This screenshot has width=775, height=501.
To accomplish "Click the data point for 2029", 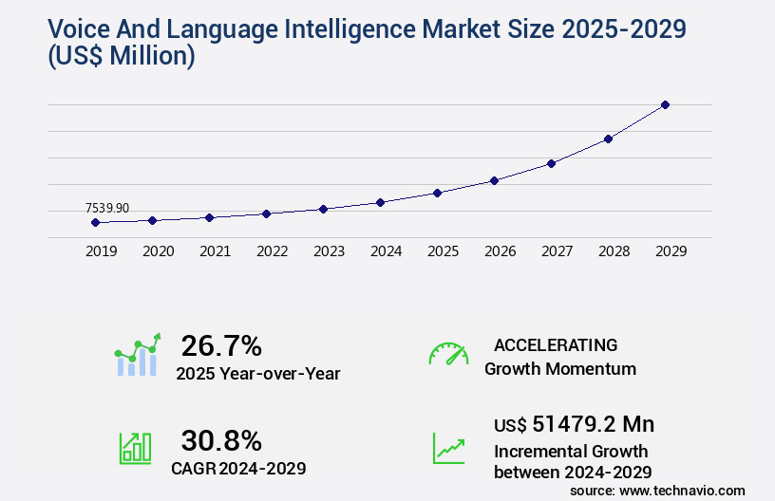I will pos(665,104).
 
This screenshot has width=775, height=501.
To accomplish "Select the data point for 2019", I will pos(95,222).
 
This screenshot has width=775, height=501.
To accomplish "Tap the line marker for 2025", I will pos(437,193).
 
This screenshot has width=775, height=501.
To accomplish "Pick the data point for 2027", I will pos(551,163).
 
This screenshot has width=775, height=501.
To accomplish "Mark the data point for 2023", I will pos(323,209).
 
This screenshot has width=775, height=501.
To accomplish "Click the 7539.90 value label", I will pos(107,208).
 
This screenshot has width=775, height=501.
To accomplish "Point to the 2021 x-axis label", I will pos(215,251).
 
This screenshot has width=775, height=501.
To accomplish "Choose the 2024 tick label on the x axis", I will pos(386,251).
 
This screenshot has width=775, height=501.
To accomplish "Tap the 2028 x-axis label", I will pos(614,251).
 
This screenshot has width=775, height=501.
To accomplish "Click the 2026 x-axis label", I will pos(500,251).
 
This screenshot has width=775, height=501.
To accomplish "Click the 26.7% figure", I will pos(221,345).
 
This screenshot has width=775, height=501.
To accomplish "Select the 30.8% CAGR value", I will pos(221,440).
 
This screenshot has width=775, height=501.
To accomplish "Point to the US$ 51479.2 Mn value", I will pos(574,423).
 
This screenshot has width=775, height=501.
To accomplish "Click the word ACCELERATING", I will pos(556,344).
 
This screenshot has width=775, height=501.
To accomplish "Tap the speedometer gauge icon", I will pos(448,354).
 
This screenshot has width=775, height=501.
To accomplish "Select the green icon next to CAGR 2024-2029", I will pos(135,448).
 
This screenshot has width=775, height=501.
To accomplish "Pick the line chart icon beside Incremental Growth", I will pos(448,448).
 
